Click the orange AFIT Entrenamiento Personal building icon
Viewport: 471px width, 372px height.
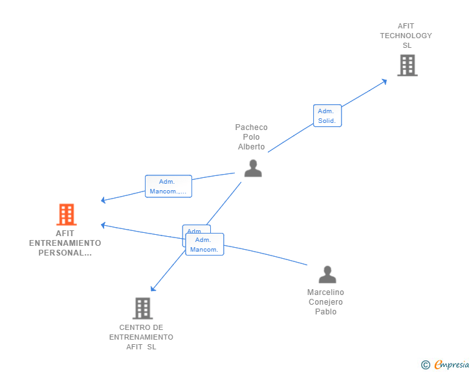[x=66, y=214]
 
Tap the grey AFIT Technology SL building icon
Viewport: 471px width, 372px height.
[x=407, y=65]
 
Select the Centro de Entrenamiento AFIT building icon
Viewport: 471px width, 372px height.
[x=142, y=309]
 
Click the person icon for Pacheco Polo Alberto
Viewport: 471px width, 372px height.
[x=253, y=168]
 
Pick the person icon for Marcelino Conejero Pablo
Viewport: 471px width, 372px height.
[x=327, y=275]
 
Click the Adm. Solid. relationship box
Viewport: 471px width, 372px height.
[x=327, y=116]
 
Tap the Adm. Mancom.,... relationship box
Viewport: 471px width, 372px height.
[x=168, y=186]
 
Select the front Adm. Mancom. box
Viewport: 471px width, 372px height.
[x=204, y=245]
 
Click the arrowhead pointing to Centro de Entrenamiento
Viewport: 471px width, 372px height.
[x=153, y=289]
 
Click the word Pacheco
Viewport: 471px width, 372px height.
[x=251, y=127]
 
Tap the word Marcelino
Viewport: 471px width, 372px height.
[x=325, y=292]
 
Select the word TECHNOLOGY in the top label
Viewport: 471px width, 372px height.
[x=406, y=36]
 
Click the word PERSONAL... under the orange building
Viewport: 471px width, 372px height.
[x=65, y=253]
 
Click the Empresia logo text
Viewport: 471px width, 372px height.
[x=452, y=365]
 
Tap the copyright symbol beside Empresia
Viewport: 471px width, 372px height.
[x=426, y=365]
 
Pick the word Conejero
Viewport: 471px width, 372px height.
[x=325, y=302]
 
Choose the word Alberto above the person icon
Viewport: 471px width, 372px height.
[x=251, y=147]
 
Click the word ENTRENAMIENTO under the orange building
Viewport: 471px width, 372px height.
[x=65, y=243]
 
